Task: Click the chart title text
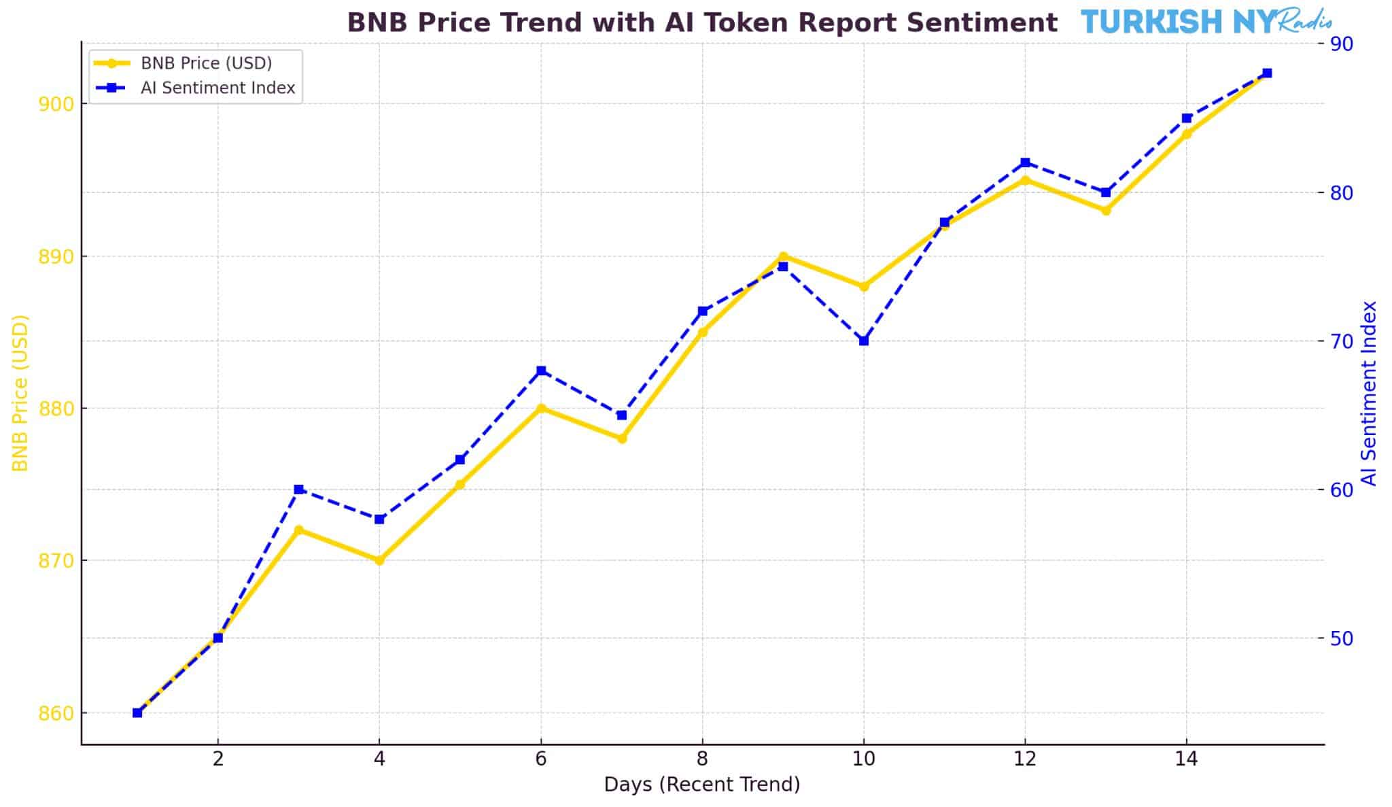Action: click(702, 23)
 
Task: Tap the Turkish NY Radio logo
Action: click(1206, 22)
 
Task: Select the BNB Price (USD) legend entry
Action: click(206, 63)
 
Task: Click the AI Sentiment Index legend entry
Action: click(217, 88)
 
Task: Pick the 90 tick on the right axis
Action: click(1343, 44)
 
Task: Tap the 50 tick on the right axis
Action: click(1343, 638)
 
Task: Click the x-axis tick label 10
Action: click(864, 759)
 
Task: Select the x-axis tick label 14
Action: click(1187, 759)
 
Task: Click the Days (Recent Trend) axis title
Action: click(702, 785)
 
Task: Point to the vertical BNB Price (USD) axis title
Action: click(21, 393)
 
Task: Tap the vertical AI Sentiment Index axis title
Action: click(1370, 393)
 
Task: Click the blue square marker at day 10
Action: click(864, 341)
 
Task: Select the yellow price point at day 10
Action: click(864, 287)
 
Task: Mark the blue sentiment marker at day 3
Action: click(298, 490)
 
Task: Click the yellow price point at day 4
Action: click(379, 560)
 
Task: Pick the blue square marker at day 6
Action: click(541, 371)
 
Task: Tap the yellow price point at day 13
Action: click(1106, 211)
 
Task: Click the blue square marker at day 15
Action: click(1267, 73)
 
